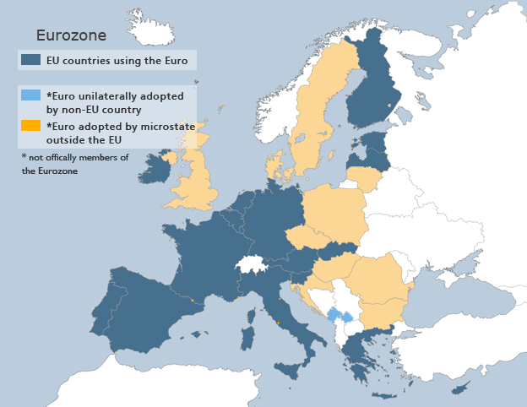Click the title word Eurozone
coord(70,35)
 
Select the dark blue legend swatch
coord(31,60)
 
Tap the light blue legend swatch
coord(31,95)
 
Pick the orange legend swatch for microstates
coord(31,125)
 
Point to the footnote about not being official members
coord(74,164)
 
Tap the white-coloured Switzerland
coord(251,264)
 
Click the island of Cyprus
coord(460,388)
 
